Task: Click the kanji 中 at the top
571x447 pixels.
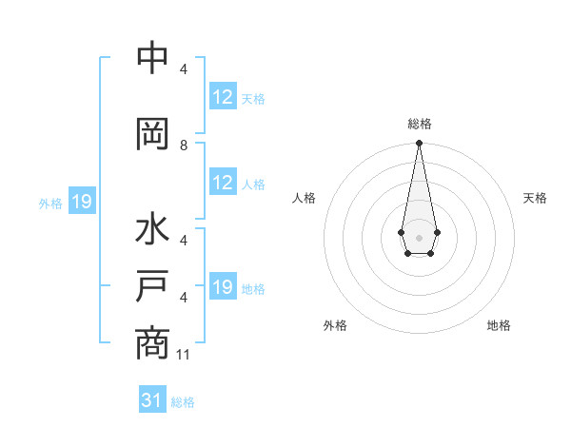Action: pos(152,58)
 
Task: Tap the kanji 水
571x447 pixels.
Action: pos(152,231)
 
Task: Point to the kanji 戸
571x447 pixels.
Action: pos(152,286)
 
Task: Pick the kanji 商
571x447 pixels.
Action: pos(152,342)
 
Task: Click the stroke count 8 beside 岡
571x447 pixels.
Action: pos(184,146)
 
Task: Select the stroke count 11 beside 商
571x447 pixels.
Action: pos(185,355)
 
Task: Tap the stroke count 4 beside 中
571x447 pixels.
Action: pos(184,69)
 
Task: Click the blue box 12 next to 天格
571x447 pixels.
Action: pos(223,97)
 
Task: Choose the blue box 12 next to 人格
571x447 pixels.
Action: pos(223,183)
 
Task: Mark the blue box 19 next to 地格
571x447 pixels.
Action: pos(223,287)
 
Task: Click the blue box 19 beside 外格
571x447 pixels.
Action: pos(81,202)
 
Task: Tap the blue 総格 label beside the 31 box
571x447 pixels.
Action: pos(183,402)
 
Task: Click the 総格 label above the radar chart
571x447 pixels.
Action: pos(419,124)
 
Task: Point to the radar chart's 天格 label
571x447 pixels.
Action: pos(535,198)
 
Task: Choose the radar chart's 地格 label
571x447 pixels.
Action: pos(499,325)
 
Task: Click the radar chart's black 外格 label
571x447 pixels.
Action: pos(335,325)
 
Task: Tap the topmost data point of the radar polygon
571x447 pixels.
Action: pos(419,143)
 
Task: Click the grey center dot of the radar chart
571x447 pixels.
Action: pos(419,236)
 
